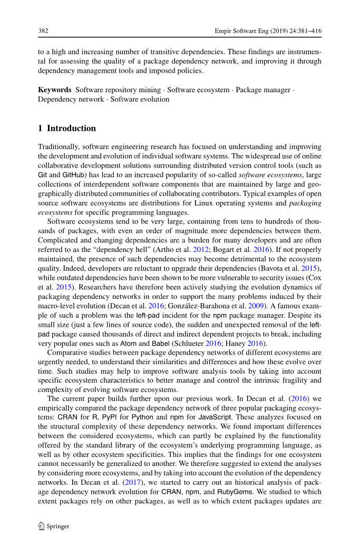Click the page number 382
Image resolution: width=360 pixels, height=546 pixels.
(43, 31)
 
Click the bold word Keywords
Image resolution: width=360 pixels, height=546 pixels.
(55, 90)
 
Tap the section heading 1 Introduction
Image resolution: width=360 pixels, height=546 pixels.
(67, 128)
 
